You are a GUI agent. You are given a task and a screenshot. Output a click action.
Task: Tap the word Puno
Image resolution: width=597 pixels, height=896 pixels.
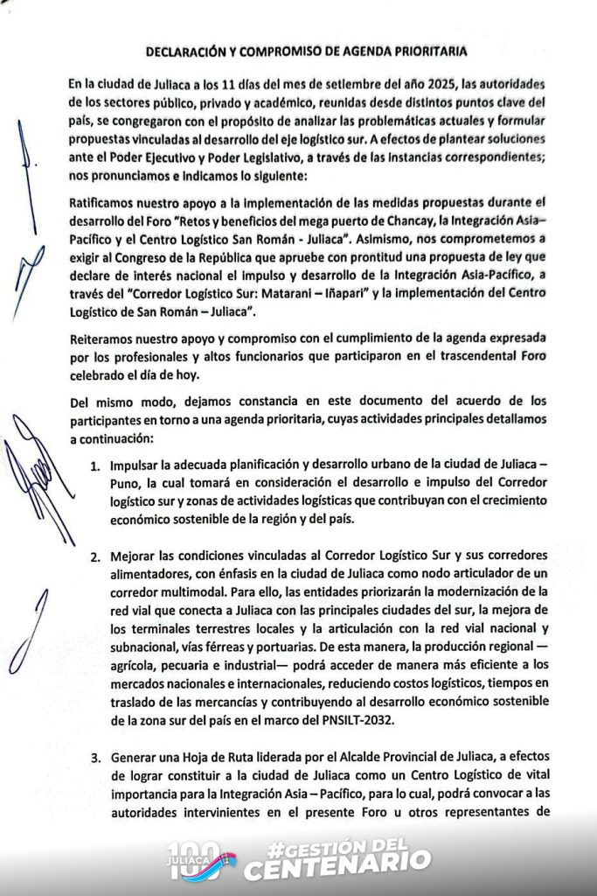(x=125, y=479)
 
